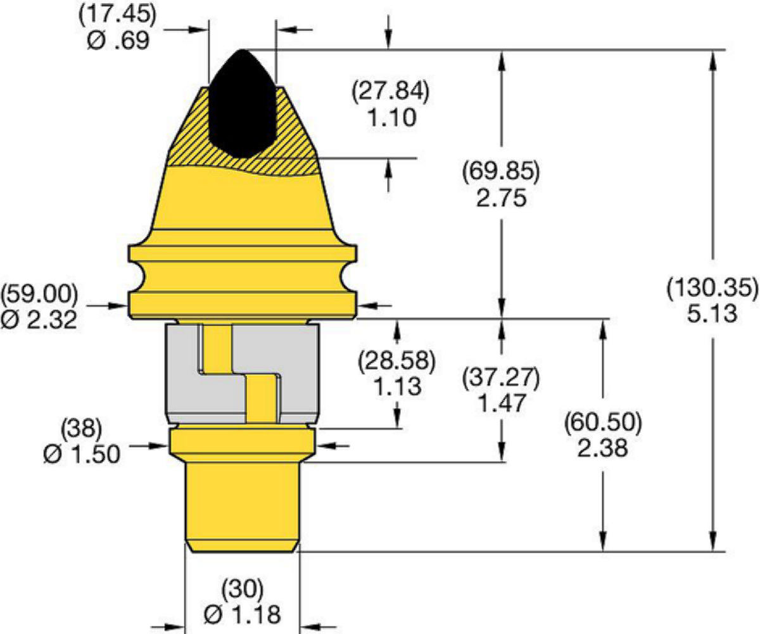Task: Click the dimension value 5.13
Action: (712, 314)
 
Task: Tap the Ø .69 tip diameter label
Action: (118, 40)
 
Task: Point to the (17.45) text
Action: (117, 15)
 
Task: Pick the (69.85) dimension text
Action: (501, 172)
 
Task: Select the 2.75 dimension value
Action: (502, 198)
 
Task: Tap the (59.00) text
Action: (39, 295)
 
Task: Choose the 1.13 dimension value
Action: (398, 386)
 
